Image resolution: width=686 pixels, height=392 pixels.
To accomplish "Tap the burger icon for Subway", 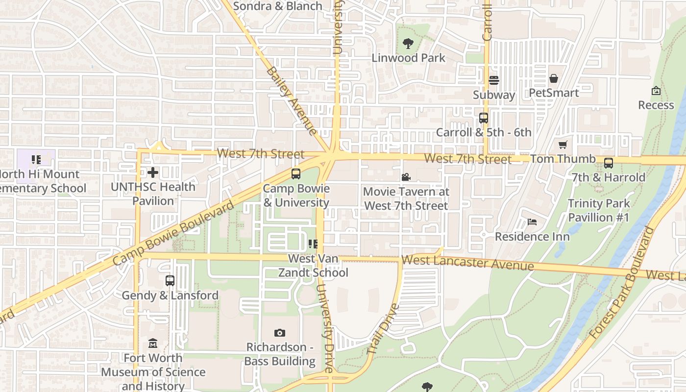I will click(x=493, y=80).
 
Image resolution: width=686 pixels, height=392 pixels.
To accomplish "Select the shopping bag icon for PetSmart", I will click(x=554, y=78).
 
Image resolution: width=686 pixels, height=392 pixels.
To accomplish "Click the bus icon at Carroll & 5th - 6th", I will click(x=484, y=118).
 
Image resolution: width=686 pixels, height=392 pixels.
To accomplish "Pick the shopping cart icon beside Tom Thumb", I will click(x=563, y=145).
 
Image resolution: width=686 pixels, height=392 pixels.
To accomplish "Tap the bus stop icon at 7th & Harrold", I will click(x=608, y=163).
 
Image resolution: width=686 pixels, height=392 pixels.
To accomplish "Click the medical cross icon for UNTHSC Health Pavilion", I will click(x=153, y=172).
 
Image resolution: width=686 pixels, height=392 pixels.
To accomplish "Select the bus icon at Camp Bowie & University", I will click(x=296, y=174).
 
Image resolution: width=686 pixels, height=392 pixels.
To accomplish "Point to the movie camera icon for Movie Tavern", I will click(x=406, y=177).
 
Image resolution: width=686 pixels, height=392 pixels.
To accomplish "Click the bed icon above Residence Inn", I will click(x=532, y=222).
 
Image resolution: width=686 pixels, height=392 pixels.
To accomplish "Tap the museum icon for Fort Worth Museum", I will click(x=153, y=343).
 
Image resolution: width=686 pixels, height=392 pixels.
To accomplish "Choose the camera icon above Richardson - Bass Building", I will click(x=280, y=333).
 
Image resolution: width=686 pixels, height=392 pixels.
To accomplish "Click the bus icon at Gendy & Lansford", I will click(x=170, y=281).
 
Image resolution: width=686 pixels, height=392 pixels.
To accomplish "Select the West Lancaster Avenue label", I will click(x=467, y=263).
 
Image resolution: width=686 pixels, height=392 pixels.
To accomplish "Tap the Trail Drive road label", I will click(x=383, y=329).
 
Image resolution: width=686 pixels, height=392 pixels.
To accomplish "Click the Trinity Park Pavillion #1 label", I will click(x=598, y=210).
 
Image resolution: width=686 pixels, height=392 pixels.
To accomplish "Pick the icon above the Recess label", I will click(x=656, y=91).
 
